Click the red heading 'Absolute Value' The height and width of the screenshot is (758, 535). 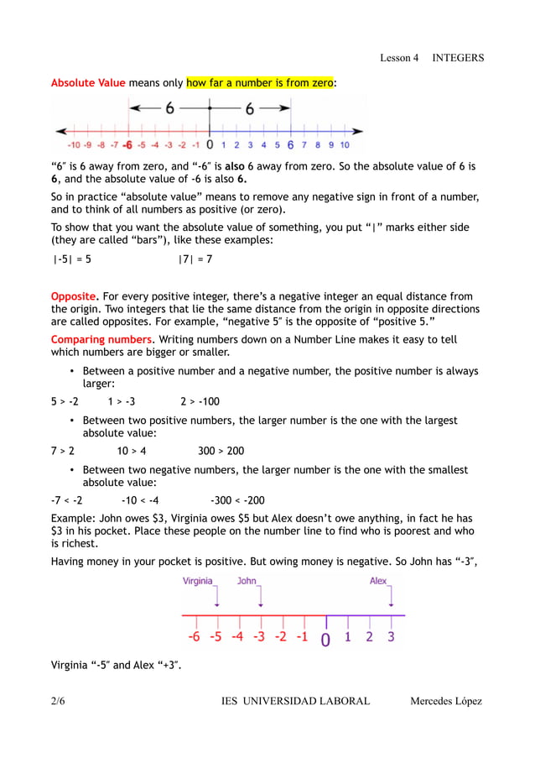[88, 83]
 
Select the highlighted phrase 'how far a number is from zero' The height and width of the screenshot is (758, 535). [260, 83]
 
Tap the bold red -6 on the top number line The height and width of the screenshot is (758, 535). [127, 144]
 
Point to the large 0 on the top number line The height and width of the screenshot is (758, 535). [209, 144]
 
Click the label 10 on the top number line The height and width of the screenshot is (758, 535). [345, 144]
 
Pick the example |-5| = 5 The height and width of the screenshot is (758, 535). [72, 259]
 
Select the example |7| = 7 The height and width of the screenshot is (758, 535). [195, 259]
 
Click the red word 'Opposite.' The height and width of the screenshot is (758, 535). [75, 296]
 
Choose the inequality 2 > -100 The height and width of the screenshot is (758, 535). [200, 401]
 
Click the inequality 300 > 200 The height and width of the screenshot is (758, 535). [221, 451]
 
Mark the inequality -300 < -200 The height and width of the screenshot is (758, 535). [237, 500]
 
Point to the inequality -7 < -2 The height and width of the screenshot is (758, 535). [66, 500]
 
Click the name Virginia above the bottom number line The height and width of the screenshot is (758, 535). [198, 581]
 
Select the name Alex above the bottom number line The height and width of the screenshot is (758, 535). [379, 581]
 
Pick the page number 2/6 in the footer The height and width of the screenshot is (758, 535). [58, 701]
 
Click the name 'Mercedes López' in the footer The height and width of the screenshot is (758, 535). [446, 701]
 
